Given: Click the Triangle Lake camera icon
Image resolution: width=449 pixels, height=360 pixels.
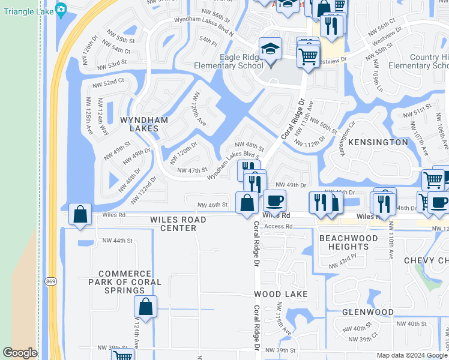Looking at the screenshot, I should tap(61, 9).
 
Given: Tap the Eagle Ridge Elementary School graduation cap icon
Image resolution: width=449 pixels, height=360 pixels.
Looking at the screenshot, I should tap(270, 49).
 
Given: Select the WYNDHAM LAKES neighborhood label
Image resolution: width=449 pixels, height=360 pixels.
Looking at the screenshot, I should tap(139, 124).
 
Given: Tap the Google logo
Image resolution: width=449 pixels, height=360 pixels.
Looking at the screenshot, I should tap(20, 353).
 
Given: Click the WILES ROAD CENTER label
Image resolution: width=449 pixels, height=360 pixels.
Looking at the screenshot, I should tap(178, 224).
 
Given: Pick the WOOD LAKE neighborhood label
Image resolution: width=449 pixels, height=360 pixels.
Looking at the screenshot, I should tap(280, 294).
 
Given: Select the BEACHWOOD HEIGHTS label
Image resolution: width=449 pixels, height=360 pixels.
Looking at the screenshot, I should tap(352, 242).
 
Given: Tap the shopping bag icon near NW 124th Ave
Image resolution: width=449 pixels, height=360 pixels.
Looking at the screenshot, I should tap(145, 307).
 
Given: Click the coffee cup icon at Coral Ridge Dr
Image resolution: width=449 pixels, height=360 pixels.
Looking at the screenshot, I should tap(274, 201).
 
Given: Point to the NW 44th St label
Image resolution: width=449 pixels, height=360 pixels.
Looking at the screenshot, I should tap(117, 241).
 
